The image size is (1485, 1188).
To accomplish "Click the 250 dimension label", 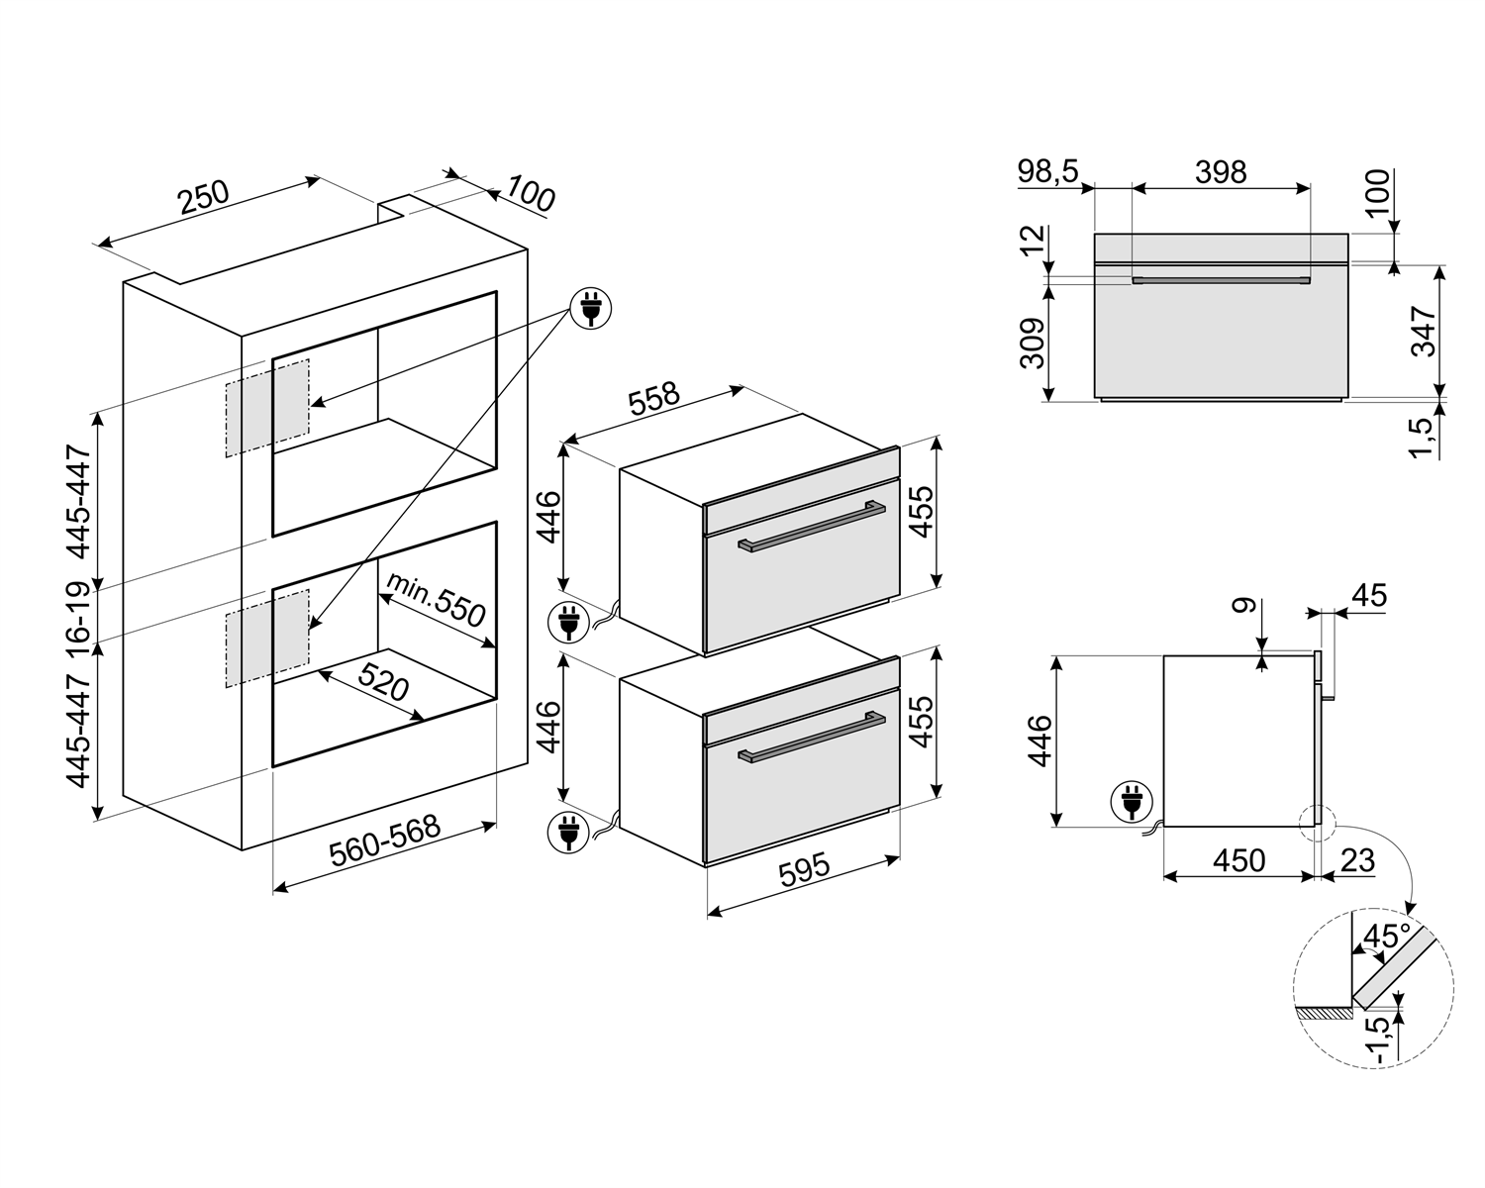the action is pos(204,197).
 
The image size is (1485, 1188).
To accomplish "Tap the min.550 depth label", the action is pos(436,599).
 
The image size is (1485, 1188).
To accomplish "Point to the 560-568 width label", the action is pos(384,841).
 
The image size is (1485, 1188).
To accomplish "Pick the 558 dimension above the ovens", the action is pos(653,400).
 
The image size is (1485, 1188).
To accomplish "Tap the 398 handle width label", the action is pos(1221,172).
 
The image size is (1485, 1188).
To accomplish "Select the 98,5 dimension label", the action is pos(1047,172).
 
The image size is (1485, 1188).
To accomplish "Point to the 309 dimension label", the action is pos(1033,344).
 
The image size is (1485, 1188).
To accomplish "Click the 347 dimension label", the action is pos(1423,332).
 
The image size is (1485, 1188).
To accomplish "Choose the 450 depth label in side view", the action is pos(1239,860).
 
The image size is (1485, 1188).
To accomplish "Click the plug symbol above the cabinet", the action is pos(591,308).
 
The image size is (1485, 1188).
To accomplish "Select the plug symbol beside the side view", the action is pos(1132,802).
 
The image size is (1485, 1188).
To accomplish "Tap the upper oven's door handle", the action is pos(812,527).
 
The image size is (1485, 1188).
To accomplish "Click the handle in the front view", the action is pos(1221,280).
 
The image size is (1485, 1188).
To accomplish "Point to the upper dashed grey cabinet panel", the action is pos(267,408).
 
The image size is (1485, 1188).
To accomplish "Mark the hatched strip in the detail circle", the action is pos(1323,1014).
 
